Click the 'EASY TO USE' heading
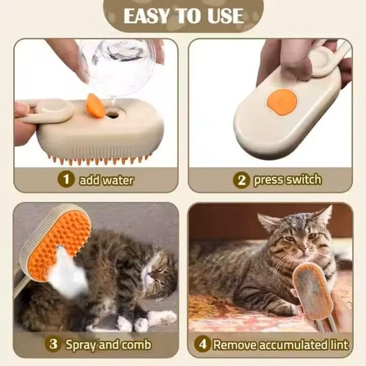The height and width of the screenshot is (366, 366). point(183,16)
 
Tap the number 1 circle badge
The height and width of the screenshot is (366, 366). point(66,180)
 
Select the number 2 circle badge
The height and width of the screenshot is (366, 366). point(240,180)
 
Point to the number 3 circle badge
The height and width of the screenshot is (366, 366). point(52,344)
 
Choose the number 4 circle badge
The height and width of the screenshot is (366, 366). point(202,344)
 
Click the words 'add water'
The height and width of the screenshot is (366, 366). point(106,181)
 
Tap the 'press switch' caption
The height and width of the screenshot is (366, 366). point(287,180)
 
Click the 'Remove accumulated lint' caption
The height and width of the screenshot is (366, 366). point(279,344)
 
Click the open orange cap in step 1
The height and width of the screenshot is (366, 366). point(95,106)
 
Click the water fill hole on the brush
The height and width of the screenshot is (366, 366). point(113,114)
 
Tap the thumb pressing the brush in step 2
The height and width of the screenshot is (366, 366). point(293,65)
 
